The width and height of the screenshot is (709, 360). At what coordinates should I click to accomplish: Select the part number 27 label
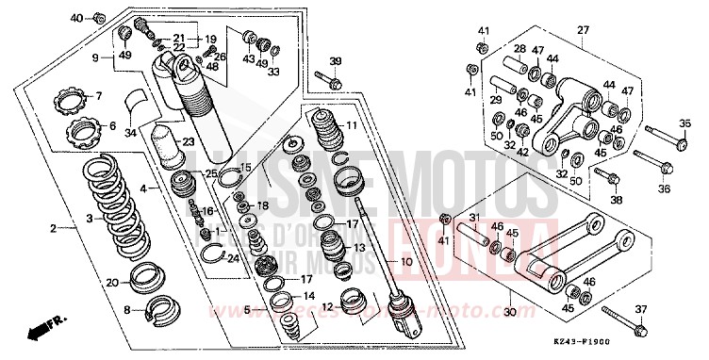pyautogui.click(x=582, y=30)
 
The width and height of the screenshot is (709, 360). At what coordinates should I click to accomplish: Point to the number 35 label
pyautogui.click(x=685, y=123)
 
